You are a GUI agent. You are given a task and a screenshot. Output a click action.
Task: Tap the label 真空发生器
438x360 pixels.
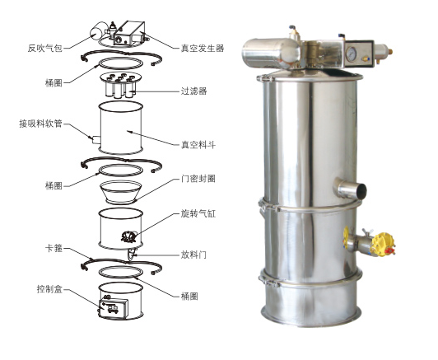[x=201, y=48]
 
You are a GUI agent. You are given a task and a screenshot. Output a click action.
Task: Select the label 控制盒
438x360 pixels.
[x=49, y=289]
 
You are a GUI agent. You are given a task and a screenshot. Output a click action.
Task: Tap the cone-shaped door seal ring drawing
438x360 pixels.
[x=121, y=191]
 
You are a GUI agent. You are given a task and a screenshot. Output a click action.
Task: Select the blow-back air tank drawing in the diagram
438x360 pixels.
[x=99, y=34]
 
